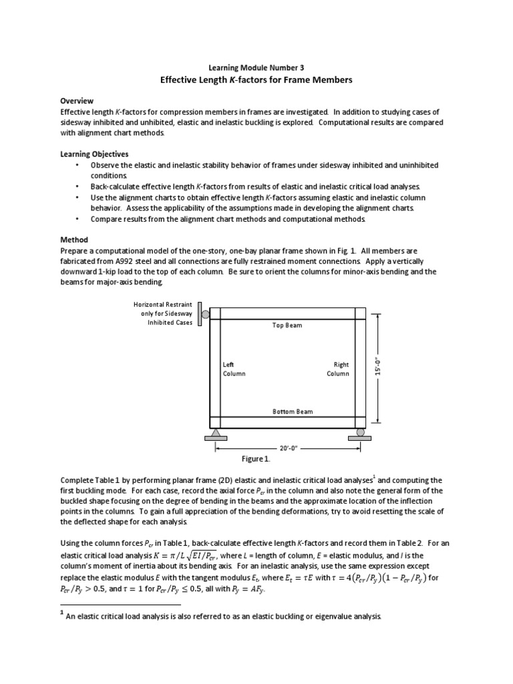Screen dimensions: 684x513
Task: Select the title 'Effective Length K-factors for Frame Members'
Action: click(256, 80)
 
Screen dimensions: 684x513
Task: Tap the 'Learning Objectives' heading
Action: click(94, 154)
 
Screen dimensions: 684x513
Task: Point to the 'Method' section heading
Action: click(74, 239)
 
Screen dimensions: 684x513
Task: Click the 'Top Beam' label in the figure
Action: click(287, 325)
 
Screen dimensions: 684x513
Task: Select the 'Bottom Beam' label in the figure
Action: click(293, 411)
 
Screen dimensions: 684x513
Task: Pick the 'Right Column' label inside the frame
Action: click(338, 369)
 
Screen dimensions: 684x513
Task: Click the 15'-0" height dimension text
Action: click(379, 367)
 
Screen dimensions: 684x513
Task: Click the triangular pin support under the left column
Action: click(216, 434)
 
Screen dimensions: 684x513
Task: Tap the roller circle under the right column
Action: click(360, 432)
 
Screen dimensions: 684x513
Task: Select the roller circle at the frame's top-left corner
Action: click(206, 315)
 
